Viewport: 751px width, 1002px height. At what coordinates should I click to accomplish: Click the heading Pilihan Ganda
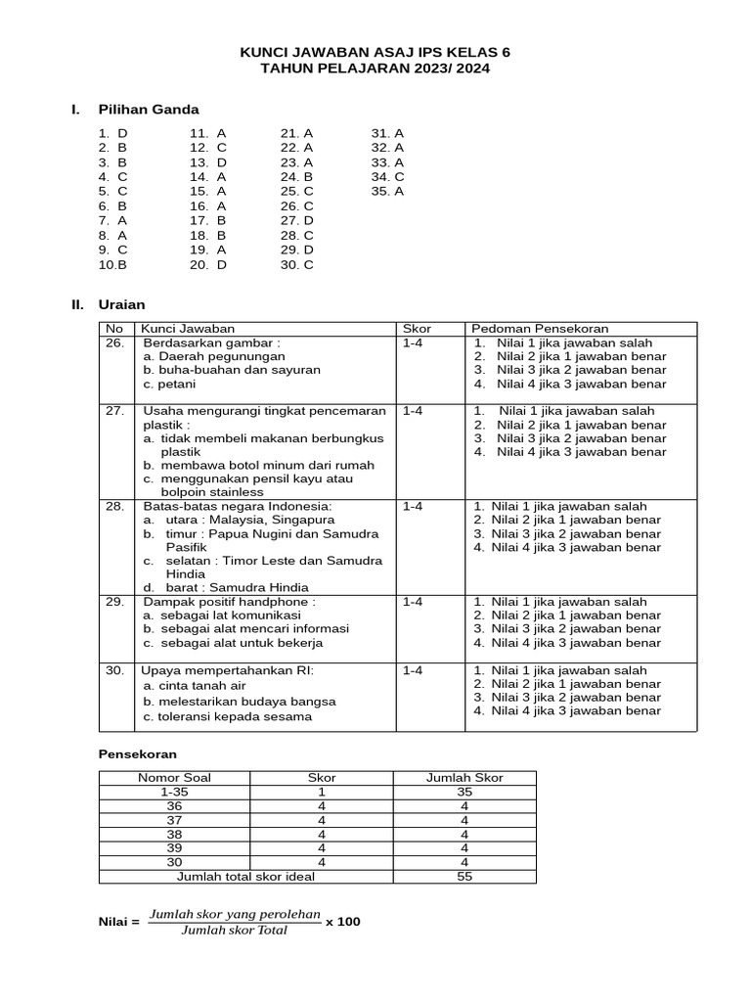coord(148,110)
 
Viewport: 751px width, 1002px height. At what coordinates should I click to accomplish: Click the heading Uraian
coord(121,305)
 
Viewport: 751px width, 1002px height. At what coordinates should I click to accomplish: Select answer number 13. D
coord(208,162)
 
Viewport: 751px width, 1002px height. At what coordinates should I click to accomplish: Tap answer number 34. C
coord(387,177)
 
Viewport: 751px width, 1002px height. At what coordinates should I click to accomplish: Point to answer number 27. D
coord(296,221)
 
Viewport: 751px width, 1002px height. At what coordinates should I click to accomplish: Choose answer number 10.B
coord(112,264)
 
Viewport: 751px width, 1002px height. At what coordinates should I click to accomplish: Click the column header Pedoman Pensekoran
coord(539,329)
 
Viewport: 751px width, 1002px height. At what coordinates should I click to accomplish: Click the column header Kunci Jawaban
coord(188,329)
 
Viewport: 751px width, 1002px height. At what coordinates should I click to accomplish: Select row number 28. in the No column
coord(115,507)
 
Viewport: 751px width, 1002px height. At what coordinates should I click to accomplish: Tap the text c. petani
coord(169,385)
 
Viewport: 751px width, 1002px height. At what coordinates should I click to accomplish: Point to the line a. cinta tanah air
coord(195,686)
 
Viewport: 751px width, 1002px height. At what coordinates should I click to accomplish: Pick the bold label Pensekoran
coord(138,754)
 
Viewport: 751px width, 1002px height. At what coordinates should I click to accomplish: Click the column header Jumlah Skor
coord(464,778)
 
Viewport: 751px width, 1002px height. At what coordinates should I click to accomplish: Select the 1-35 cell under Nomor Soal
coord(175,792)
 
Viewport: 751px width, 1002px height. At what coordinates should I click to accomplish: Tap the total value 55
coord(464,877)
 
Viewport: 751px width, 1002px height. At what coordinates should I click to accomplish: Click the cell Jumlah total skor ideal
coord(245,877)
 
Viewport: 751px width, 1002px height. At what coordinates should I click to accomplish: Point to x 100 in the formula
coord(343,921)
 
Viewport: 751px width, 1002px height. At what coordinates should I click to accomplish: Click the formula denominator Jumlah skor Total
coord(235,931)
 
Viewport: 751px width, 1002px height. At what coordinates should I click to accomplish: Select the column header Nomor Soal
coord(175,778)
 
